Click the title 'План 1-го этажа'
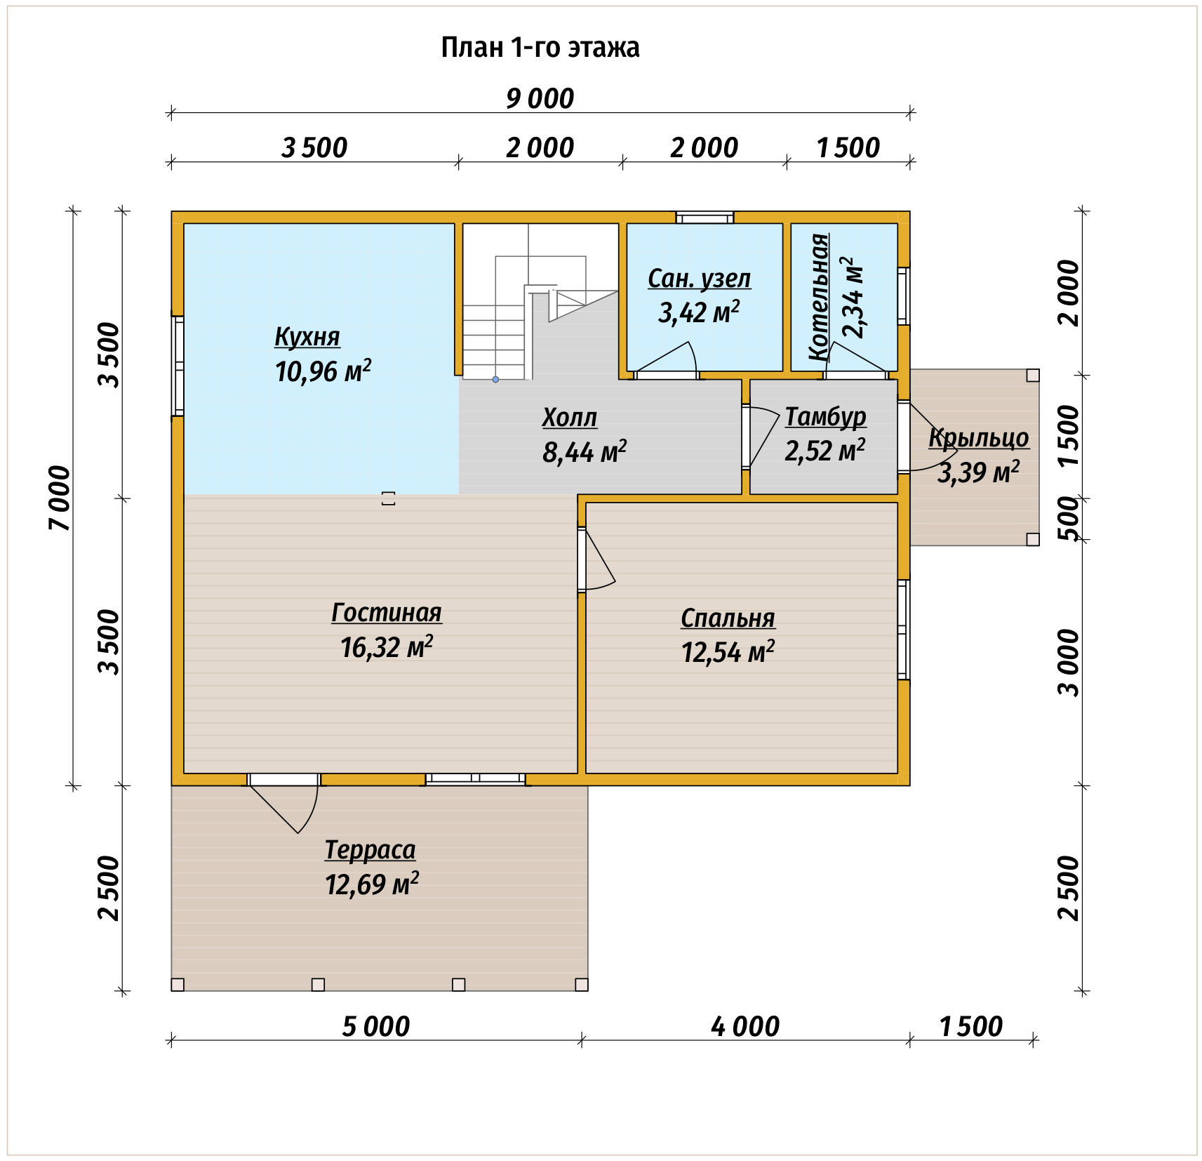(x=540, y=48)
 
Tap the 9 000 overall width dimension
(x=540, y=98)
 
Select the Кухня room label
(x=307, y=337)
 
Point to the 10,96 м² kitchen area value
(x=323, y=370)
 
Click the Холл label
(x=570, y=418)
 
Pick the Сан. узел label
(x=699, y=279)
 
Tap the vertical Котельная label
(x=818, y=297)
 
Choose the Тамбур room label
(x=825, y=416)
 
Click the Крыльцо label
(x=979, y=437)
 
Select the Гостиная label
(x=387, y=613)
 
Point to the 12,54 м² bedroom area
(x=728, y=652)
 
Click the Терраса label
(x=370, y=850)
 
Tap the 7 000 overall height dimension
(x=60, y=498)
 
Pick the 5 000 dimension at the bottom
(x=376, y=1027)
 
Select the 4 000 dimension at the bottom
(x=745, y=1027)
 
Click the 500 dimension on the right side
(x=1068, y=518)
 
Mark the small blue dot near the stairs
(x=495, y=379)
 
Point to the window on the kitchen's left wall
(x=179, y=366)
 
